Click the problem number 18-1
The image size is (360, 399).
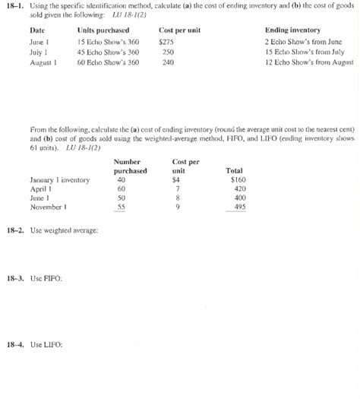(17, 7)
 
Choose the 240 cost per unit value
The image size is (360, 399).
(168, 62)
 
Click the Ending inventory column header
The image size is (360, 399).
(292, 30)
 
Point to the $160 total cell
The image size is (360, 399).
(238, 180)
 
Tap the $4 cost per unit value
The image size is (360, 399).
(176, 180)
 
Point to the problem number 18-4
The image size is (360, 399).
(17, 344)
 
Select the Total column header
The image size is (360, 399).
(235, 171)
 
